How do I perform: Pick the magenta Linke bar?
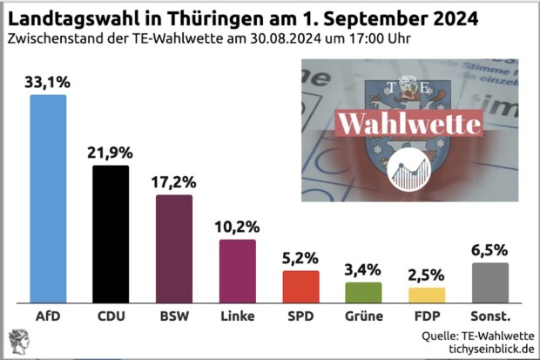coord(237,269)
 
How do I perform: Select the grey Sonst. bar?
coord(489,282)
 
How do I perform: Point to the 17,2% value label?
coord(174,184)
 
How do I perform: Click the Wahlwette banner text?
coord(408,123)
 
